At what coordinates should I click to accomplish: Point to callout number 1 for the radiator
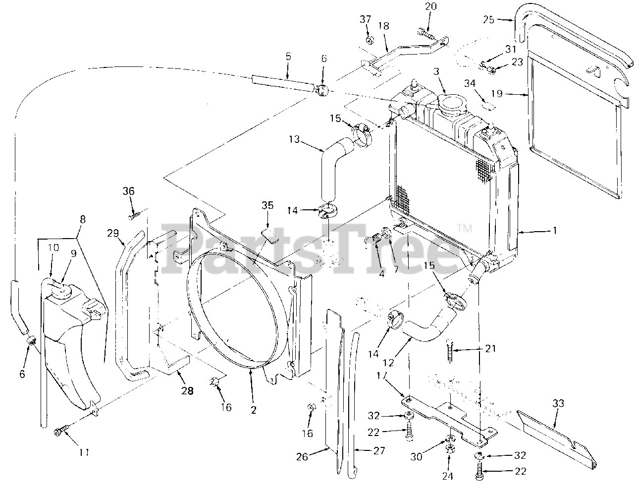click(555, 231)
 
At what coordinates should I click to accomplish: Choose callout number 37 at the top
click(365, 19)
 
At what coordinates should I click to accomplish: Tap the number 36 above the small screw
click(129, 191)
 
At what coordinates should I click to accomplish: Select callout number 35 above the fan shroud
click(267, 205)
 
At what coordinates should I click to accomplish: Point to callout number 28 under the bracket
click(187, 391)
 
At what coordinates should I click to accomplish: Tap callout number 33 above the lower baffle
click(558, 404)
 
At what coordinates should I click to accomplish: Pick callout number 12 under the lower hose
click(388, 363)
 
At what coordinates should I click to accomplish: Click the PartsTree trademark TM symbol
click(464, 229)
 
